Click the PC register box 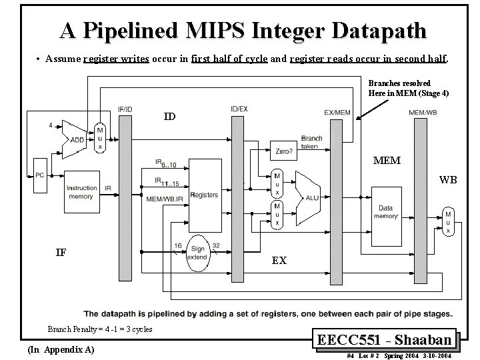(x=39, y=175)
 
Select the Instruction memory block (x=81, y=193)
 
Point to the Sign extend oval (x=197, y=253)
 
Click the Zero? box (x=283, y=151)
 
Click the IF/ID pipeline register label (x=125, y=108)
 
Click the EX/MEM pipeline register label (x=337, y=112)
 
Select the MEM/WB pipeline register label (x=423, y=112)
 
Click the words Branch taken (x=311, y=143)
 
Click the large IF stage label (x=61, y=252)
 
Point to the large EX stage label (x=279, y=260)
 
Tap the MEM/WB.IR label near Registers (x=165, y=198)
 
